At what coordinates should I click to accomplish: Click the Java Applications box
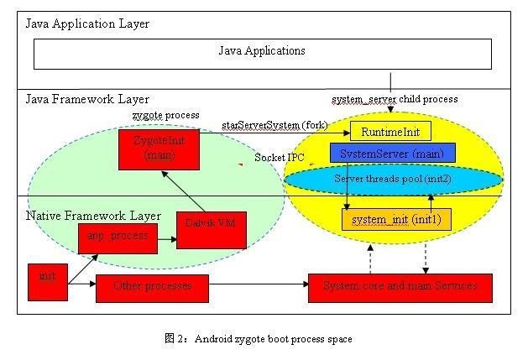tap(262, 52)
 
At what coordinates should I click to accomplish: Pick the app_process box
tap(118, 237)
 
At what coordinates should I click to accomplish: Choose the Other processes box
tap(152, 287)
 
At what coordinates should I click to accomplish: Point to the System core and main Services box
tap(400, 287)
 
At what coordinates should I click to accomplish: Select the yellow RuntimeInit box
tap(390, 132)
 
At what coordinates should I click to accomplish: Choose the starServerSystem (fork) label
tap(273, 125)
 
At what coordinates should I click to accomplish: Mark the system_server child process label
tap(394, 100)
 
